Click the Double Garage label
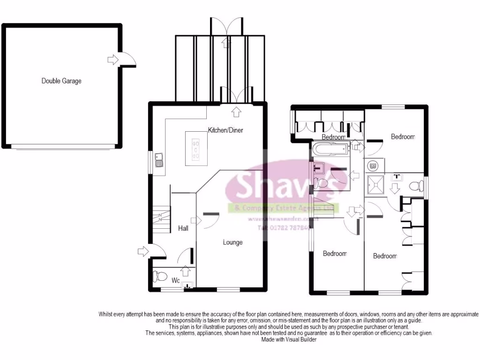[x=61, y=81]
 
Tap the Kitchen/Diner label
[x=225, y=130]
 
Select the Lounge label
[x=232, y=242]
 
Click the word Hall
[x=183, y=228]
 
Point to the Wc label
[x=176, y=281]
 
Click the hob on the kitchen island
[x=197, y=149]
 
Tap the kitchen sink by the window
[x=160, y=160]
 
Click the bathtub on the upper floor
[x=331, y=150]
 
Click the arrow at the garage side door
[x=113, y=60]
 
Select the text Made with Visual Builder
[x=289, y=339]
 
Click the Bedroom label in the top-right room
[x=403, y=137]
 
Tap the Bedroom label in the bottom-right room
[x=385, y=256]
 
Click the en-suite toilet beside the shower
[x=415, y=186]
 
